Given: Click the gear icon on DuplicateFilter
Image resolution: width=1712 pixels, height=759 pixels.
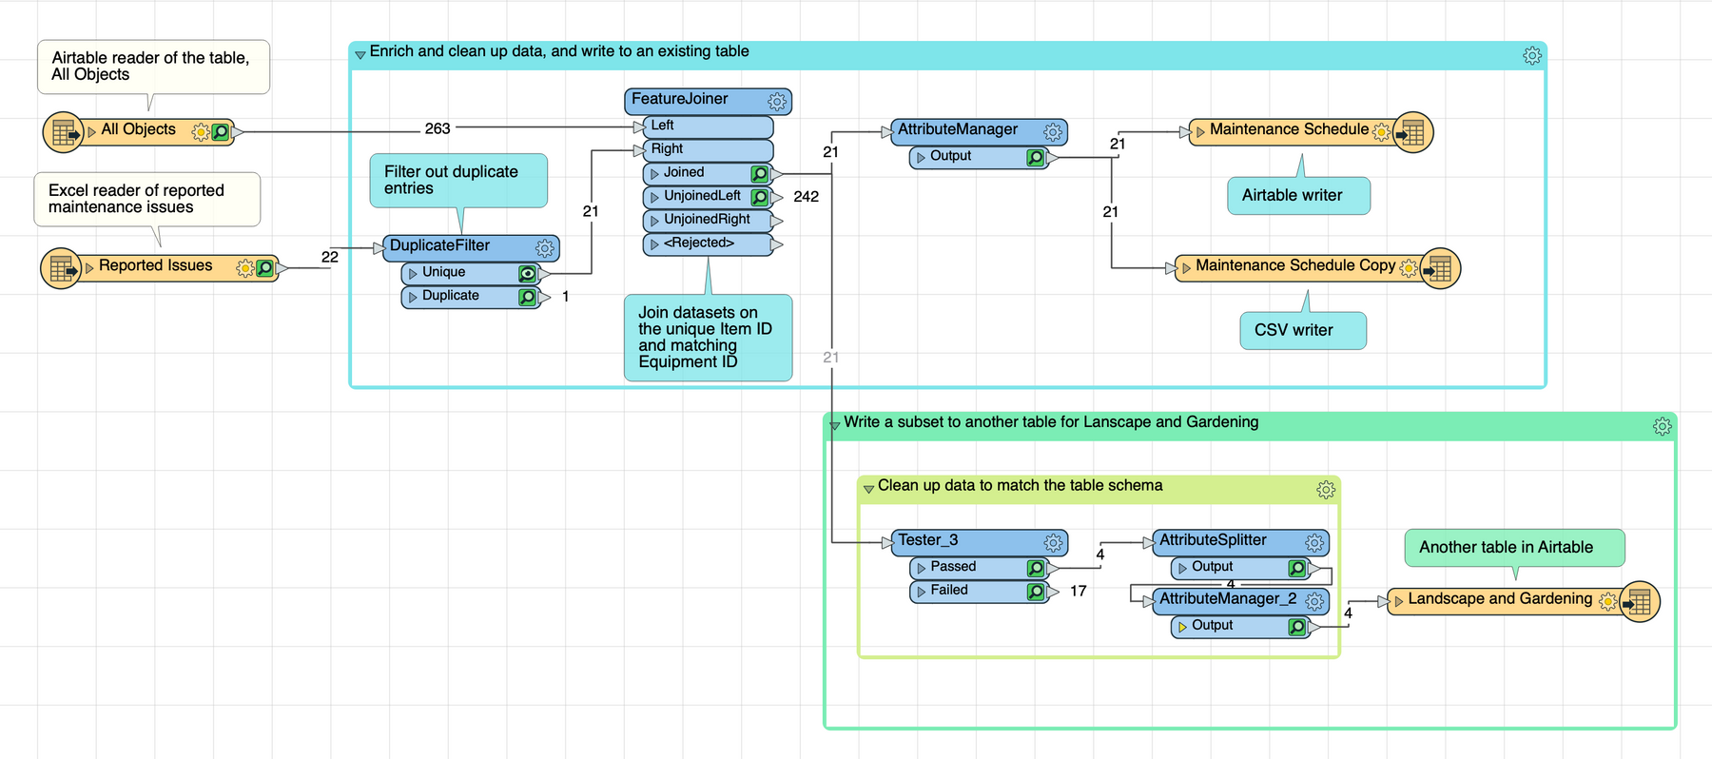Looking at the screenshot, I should point(545,248).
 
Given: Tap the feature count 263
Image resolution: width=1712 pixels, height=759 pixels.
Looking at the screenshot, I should point(438,128).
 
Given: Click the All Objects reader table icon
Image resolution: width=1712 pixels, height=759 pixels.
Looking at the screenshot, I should point(64,132).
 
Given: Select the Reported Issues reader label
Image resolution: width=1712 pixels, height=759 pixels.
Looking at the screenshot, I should point(156,266).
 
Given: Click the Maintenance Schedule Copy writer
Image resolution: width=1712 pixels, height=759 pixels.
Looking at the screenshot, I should point(1294,266).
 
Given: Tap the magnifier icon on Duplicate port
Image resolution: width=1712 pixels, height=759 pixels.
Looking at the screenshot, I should point(527,297).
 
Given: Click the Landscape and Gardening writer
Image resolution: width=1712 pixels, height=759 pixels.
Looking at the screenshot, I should point(1499,599).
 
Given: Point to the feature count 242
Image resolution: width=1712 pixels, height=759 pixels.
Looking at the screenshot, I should point(806,197).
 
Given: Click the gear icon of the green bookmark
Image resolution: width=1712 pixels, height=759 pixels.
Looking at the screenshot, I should point(1662,427).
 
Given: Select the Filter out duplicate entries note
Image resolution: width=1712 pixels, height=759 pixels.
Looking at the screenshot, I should point(457,180).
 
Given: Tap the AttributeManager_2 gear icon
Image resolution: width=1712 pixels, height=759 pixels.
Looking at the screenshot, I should point(1314,601).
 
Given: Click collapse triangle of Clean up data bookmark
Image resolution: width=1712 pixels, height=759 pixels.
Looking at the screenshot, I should point(868,489).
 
